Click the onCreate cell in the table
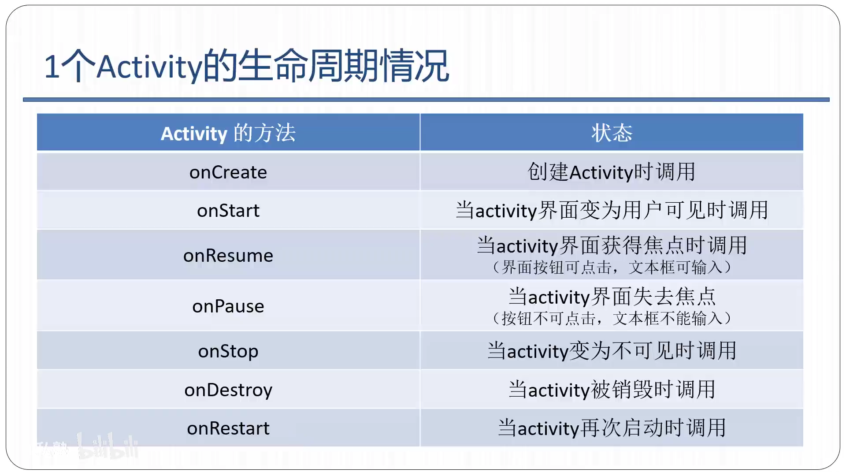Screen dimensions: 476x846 pyautogui.click(x=228, y=172)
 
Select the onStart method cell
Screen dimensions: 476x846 pyautogui.click(x=228, y=211)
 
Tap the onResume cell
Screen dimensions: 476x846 pyautogui.click(x=228, y=256)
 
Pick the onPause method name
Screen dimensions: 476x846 pyautogui.click(x=228, y=306)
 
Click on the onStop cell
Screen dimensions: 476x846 pyautogui.click(x=228, y=351)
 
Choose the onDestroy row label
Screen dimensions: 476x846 pyautogui.click(x=228, y=390)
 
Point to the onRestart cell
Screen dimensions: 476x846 pyautogui.click(x=228, y=428)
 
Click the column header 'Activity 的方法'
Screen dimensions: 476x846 pyautogui.click(x=228, y=133)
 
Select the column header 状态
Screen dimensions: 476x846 pyautogui.click(x=612, y=133)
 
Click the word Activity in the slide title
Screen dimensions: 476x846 pyautogui.click(x=149, y=67)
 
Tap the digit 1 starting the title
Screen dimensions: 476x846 pyautogui.click(x=52, y=67)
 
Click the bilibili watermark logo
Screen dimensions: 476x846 pyautogui.click(x=108, y=446)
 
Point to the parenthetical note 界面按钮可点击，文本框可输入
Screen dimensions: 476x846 pyautogui.click(x=612, y=268)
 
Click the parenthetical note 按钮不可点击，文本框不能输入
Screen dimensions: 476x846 pyautogui.click(x=612, y=318)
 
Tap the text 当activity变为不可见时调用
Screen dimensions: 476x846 pyautogui.click(x=612, y=351)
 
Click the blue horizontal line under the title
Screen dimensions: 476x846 pyautogui.click(x=426, y=100)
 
